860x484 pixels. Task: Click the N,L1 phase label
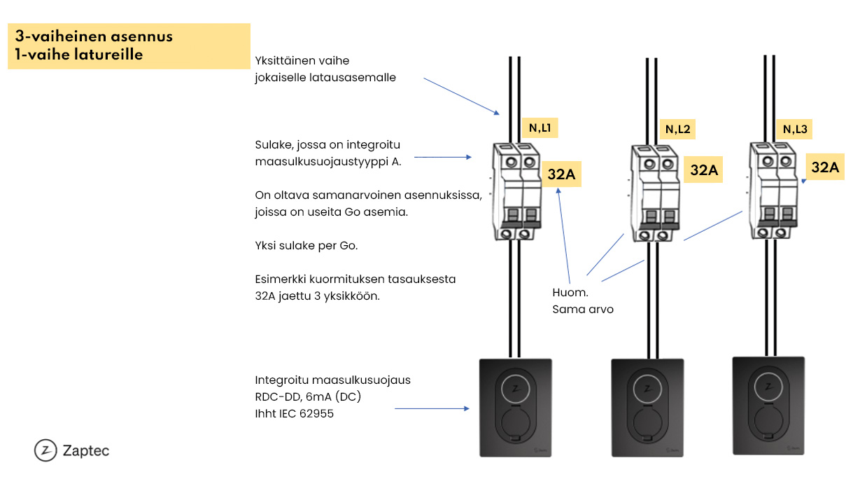[x=540, y=128]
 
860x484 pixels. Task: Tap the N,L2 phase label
[x=677, y=129]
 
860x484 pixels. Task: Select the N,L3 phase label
[x=795, y=129]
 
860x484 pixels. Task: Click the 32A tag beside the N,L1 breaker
[x=561, y=174]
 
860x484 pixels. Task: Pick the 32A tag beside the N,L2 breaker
[x=704, y=170]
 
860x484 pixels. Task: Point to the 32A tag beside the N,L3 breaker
[x=825, y=167]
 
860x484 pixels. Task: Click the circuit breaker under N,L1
[x=516, y=191]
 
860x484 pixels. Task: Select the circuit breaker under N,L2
[x=655, y=193]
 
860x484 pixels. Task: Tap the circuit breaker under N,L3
[x=773, y=191]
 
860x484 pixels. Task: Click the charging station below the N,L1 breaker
[x=516, y=408]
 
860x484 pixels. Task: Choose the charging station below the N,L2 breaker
[x=648, y=408]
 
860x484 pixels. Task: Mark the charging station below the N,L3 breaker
[x=768, y=406]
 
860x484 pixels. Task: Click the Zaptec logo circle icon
[x=45, y=450]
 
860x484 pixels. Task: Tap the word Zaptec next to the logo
[x=86, y=450]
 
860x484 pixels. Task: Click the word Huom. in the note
[x=570, y=293]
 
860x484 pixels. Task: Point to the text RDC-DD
[x=278, y=396]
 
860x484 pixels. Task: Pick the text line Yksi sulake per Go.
[x=306, y=246]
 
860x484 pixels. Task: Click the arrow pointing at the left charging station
[x=432, y=408]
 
